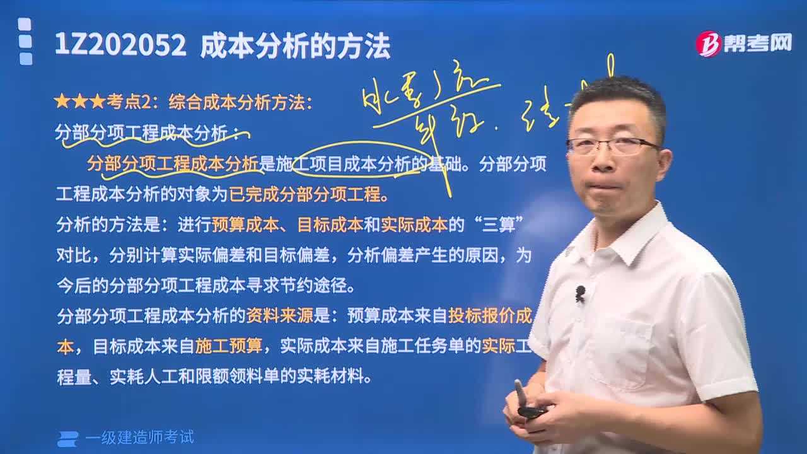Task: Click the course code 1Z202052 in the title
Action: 120,46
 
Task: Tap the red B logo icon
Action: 708,44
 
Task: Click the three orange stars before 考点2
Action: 79,101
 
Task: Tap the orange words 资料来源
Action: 279,315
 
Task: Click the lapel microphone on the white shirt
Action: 580,293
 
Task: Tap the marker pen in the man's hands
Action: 523,397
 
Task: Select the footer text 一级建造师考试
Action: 139,437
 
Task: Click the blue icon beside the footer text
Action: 67,438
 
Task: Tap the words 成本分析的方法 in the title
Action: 295,46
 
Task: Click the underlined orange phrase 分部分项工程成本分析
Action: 172,164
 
